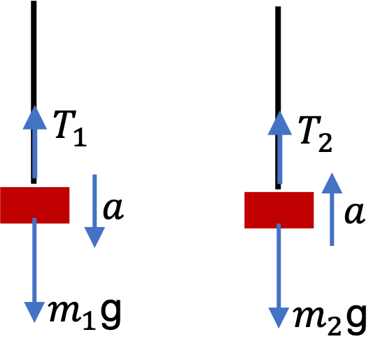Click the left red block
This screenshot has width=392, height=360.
[35, 205]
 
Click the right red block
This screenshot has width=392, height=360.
[279, 210]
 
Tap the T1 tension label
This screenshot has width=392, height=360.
[70, 128]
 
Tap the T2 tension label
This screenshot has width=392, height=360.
[315, 134]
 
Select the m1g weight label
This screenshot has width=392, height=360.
[85, 314]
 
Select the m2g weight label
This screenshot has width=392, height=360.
[330, 319]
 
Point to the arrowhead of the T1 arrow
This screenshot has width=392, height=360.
[35, 118]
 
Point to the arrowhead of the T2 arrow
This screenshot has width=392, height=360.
[280, 123]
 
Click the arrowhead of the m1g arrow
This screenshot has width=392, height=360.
[34, 312]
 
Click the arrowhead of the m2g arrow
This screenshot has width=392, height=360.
[279, 318]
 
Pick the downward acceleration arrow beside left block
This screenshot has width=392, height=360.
[94, 211]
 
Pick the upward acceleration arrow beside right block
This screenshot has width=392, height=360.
[332, 209]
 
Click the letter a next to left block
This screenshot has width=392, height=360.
[113, 209]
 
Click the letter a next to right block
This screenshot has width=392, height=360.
[355, 213]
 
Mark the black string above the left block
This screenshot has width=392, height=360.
[34, 92]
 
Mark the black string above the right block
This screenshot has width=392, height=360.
[278, 97]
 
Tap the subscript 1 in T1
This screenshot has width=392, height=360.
[80, 137]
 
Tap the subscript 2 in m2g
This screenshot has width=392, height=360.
[335, 325]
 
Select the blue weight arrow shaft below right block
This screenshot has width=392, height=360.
[279, 265]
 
